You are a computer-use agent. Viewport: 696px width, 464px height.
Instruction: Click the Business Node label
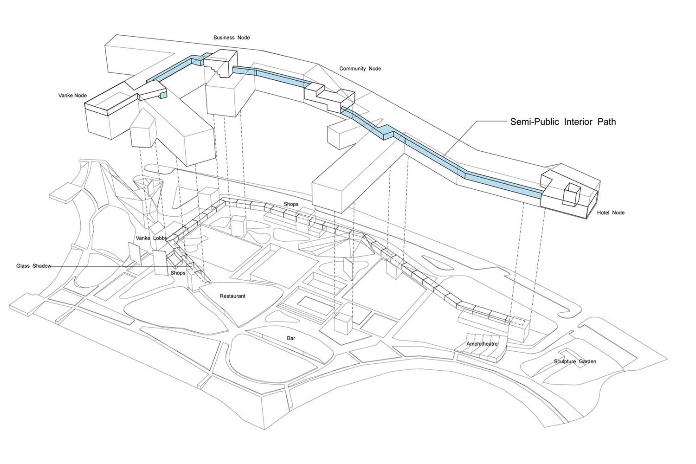232,38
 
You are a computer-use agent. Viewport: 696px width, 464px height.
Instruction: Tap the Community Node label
360,69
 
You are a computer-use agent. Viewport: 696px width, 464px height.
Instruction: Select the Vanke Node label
72,95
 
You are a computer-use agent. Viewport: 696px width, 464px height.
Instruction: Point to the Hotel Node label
611,213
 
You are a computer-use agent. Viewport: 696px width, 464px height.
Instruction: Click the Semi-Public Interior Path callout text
563,122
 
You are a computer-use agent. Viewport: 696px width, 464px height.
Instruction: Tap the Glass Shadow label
33,266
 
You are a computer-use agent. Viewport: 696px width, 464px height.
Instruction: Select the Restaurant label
232,296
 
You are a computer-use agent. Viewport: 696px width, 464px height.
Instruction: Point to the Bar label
291,338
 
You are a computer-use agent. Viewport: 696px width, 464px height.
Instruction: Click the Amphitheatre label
482,344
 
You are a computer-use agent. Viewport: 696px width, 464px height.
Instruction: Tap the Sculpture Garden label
575,361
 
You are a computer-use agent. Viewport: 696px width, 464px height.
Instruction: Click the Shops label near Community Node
291,204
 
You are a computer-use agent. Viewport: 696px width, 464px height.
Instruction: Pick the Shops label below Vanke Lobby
178,273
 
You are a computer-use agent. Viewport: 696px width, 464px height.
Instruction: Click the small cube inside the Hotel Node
572,193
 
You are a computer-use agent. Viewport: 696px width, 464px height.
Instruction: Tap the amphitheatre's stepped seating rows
480,353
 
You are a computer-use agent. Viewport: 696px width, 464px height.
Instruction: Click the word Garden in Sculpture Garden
587,361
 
